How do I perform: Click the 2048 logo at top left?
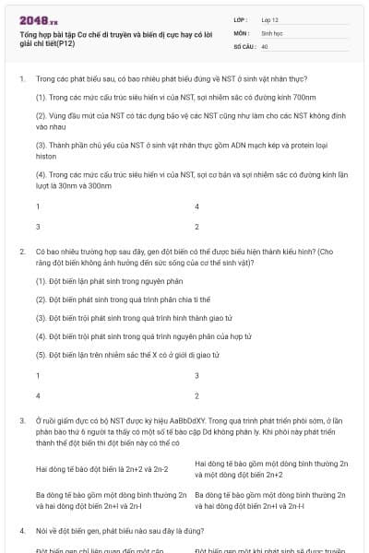click(38, 18)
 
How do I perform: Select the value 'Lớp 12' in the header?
click(272, 18)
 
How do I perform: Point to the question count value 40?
click(265, 45)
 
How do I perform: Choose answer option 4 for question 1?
click(197, 207)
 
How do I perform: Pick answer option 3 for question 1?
click(38, 226)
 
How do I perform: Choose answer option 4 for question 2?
click(38, 394)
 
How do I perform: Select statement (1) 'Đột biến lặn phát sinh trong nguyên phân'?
click(97, 279)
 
